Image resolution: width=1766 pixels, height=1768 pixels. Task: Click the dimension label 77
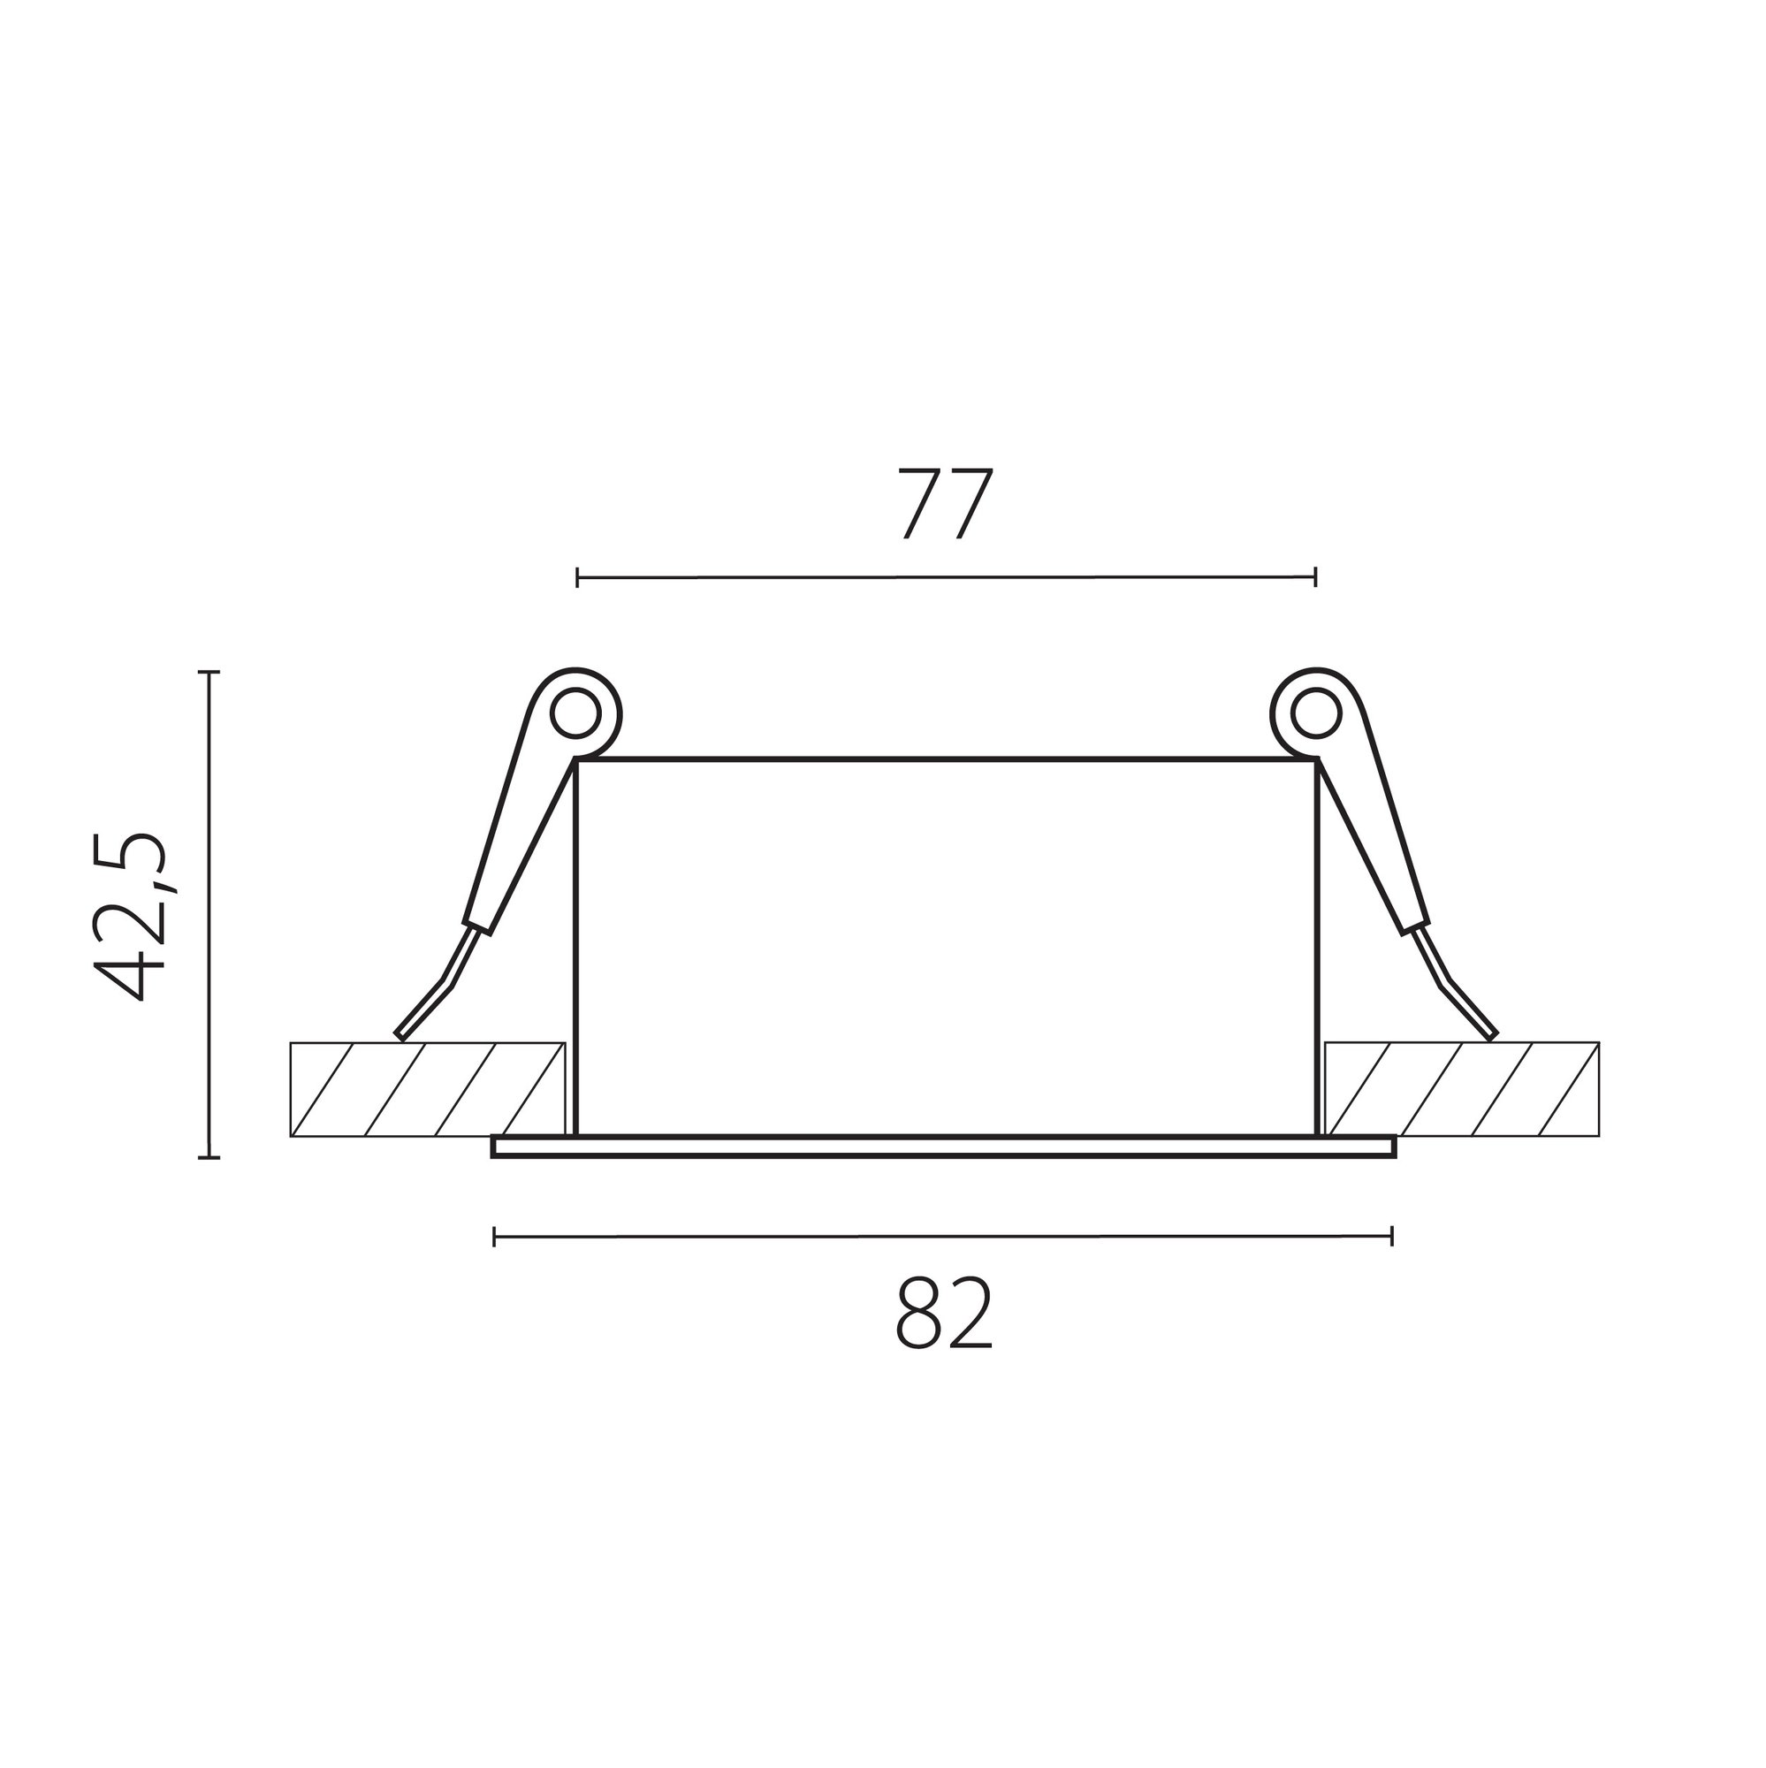944,504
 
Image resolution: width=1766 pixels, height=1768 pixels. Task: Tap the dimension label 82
943,1314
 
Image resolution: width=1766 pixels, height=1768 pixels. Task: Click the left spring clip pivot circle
577,713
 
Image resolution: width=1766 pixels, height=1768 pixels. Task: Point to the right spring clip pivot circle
1317,713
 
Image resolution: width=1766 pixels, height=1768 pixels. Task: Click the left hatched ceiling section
427,1089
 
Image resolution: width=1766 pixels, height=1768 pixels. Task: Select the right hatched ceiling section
1462,1089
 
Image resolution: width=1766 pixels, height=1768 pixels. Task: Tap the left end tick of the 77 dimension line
577,577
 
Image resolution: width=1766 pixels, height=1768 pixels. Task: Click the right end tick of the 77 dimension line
1315,577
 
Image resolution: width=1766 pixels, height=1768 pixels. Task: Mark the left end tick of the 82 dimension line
494,1238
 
